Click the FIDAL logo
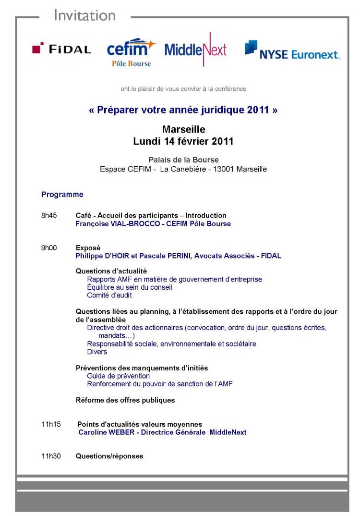[x=61, y=49]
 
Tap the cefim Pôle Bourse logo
[x=131, y=52]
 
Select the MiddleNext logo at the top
[x=195, y=49]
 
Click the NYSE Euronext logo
[x=292, y=50]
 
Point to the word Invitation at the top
[x=84, y=15]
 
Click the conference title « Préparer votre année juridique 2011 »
[x=183, y=110]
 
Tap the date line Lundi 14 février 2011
[x=183, y=142]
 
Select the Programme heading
[x=62, y=195]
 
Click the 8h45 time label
[x=49, y=215]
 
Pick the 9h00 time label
[x=49, y=248]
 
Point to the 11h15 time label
[x=51, y=424]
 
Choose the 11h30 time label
[x=51, y=456]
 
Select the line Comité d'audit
[x=109, y=295]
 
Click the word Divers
[x=97, y=352]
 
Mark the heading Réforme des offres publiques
[x=125, y=400]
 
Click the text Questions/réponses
[x=109, y=456]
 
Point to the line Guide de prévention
[x=119, y=376]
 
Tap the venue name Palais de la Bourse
[x=183, y=160]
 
